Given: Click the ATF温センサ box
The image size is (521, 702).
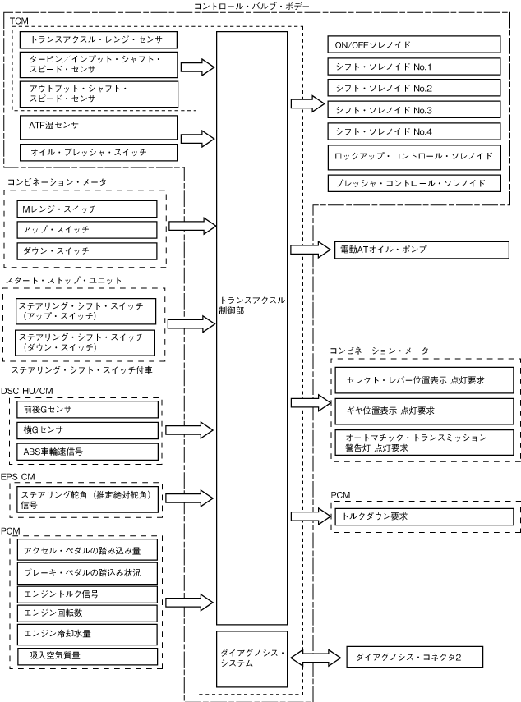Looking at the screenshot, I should point(98,126).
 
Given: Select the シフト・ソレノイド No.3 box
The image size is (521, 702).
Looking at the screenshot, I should point(413,109).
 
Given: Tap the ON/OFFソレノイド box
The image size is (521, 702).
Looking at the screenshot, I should point(413,45).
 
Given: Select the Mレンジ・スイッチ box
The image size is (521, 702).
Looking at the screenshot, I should point(86,210).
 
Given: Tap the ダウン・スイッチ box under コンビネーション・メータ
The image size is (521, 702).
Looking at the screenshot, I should point(86,250).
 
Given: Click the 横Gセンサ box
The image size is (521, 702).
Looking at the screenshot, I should point(86,430).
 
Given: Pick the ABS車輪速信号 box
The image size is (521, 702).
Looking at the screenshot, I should point(86,451).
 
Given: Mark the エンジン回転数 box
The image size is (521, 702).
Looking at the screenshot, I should point(86,613).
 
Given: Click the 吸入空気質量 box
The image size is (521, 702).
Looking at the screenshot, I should point(86,655).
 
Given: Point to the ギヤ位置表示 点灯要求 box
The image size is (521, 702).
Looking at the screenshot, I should point(424,409).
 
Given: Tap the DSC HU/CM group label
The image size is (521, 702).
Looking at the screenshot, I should point(27,391).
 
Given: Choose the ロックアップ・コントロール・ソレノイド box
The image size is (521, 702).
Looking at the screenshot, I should point(413,155).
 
